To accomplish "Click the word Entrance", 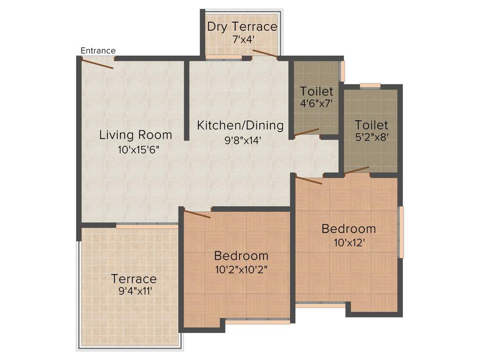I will (x=98, y=51).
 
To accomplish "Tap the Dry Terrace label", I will (x=242, y=27).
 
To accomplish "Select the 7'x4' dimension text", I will (x=242, y=39).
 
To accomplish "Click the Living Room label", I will (x=135, y=135).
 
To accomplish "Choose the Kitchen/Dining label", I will (x=240, y=126).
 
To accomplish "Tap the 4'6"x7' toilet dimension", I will (x=316, y=103).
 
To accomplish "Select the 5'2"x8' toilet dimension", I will (x=371, y=138).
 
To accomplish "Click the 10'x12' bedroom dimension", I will (x=348, y=243).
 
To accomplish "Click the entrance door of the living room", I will (x=97, y=63).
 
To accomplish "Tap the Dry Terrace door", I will (x=265, y=53).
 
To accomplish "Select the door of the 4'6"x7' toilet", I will (x=306, y=132).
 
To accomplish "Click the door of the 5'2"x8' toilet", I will (x=356, y=170).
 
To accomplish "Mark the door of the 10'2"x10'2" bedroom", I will (x=197, y=214).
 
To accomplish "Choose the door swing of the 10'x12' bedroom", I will (x=308, y=180).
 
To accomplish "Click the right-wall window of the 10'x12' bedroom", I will (x=401, y=232).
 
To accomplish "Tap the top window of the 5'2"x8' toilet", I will (x=370, y=85).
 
